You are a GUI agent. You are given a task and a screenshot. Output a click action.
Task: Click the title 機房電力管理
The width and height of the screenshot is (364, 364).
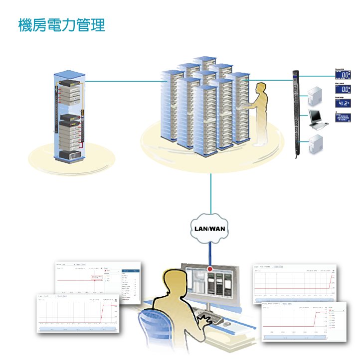click(61, 25)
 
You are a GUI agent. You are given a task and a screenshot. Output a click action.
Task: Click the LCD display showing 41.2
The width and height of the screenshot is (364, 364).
click(343, 103)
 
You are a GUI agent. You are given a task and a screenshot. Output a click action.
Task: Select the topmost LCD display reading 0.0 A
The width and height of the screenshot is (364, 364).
click(343, 75)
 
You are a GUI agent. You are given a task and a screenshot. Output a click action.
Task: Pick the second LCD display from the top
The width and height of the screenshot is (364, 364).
click(343, 89)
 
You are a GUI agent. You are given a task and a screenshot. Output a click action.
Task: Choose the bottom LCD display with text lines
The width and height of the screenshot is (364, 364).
click(343, 118)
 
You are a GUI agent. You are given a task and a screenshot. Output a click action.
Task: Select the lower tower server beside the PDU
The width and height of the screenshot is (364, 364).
click(316, 145)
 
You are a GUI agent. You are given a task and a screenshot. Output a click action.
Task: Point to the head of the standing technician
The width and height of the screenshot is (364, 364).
click(260, 89)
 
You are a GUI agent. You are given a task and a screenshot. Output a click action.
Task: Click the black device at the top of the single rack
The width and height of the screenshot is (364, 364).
click(69, 84)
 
